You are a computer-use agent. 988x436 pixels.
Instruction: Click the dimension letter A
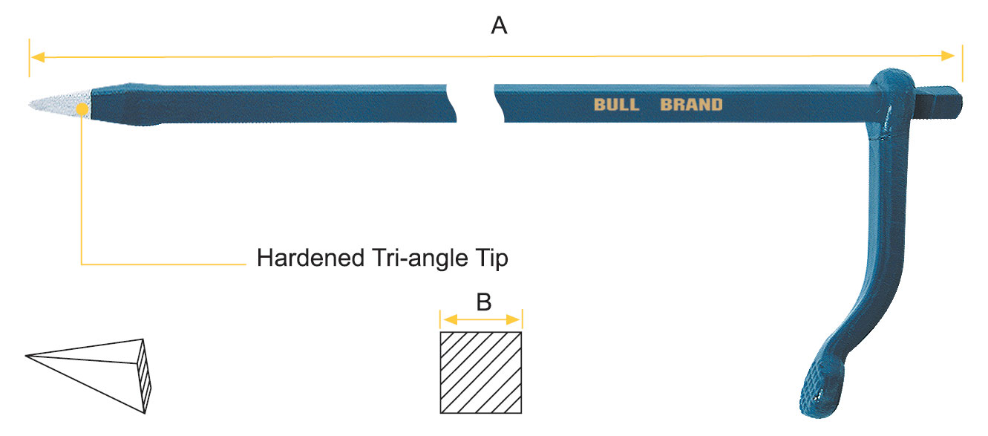(500, 27)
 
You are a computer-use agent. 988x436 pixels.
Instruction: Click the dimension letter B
(483, 302)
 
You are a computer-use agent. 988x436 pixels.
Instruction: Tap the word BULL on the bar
(615, 105)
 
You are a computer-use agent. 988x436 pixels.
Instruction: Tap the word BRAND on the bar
(691, 105)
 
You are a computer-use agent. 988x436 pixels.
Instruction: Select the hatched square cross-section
(481, 372)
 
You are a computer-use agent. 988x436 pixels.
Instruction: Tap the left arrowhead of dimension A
(36, 56)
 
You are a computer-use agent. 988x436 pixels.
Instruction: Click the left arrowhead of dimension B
(446, 320)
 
